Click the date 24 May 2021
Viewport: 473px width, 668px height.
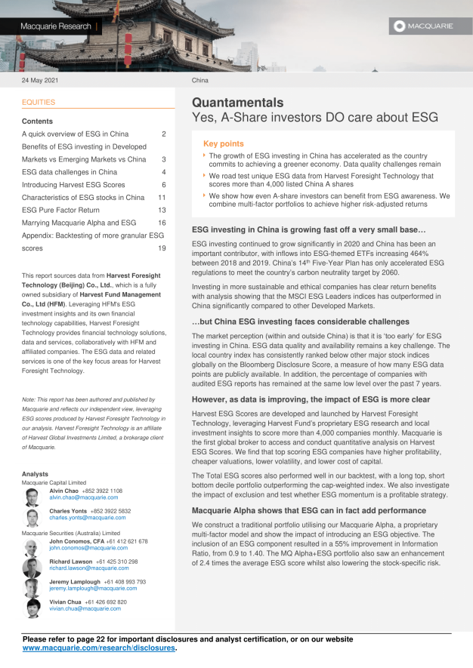(x=40, y=80)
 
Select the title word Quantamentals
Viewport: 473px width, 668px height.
(x=237, y=103)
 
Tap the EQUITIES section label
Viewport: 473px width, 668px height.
(x=39, y=102)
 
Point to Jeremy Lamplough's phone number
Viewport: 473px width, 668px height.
(x=120, y=582)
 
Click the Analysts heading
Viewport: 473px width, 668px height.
(x=36, y=473)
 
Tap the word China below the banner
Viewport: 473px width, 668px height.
(x=200, y=80)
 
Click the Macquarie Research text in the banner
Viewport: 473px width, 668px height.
(x=55, y=26)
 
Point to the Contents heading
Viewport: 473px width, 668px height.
(x=37, y=121)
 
